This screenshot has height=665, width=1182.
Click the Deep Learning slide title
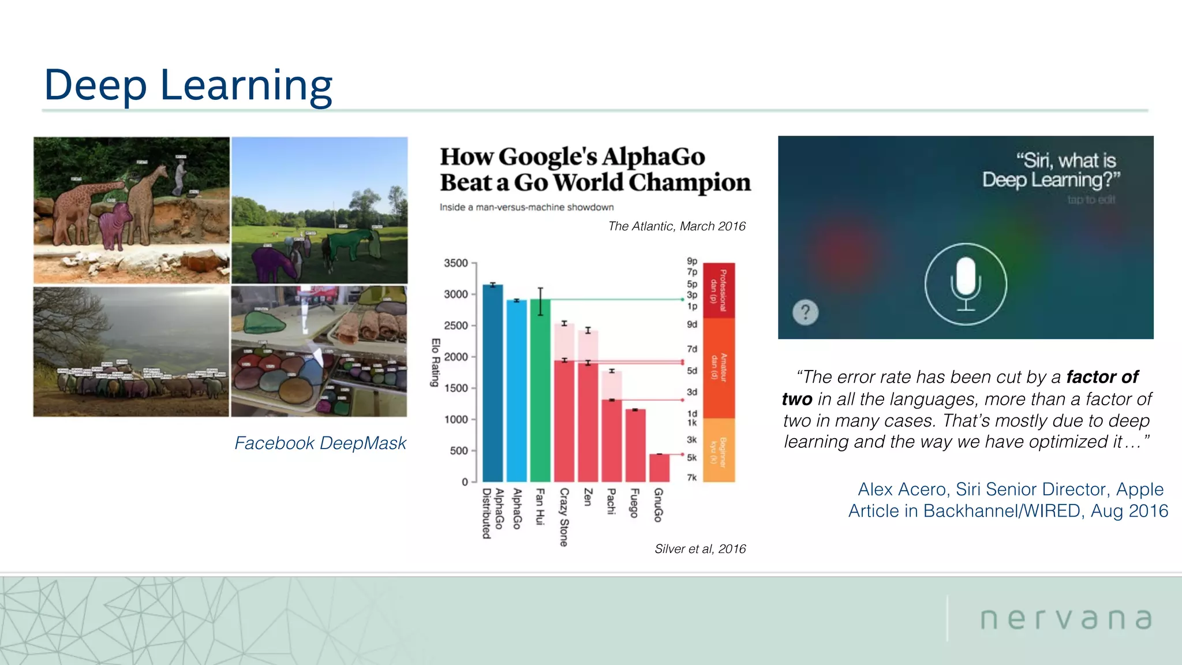point(188,85)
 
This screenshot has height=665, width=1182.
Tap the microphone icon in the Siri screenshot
point(966,284)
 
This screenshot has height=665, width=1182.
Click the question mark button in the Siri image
point(805,312)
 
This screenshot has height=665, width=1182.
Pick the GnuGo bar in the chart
point(659,468)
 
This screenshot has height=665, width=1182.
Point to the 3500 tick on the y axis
point(456,263)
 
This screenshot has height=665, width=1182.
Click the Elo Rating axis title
point(436,362)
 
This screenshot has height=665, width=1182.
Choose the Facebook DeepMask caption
point(320,443)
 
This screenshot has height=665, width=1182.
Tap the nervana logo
point(1066,619)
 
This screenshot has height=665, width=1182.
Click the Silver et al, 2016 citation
point(700,548)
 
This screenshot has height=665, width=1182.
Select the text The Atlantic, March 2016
point(676,226)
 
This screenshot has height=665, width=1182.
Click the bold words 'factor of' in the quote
point(1102,377)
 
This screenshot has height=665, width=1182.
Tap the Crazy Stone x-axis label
point(564,517)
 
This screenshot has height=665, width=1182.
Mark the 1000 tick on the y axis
point(456,420)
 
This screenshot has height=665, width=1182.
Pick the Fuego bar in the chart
point(635,445)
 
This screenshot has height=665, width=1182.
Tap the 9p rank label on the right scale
point(692,261)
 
